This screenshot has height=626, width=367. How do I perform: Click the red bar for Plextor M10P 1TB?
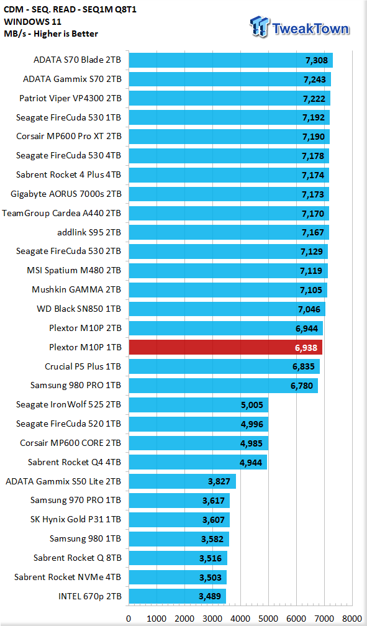[225, 347]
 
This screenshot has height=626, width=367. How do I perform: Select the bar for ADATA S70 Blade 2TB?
[231, 60]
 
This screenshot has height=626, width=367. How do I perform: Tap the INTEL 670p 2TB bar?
[178, 596]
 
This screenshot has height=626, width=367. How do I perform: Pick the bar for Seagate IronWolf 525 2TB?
[199, 405]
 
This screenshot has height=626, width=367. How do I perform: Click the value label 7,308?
[317, 61]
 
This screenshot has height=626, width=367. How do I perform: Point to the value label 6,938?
[306, 348]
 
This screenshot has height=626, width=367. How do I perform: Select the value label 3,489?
[210, 597]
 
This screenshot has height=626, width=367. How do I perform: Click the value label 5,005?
[252, 405]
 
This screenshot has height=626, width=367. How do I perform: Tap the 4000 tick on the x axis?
[240, 619]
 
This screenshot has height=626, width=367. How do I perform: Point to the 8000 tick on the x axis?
[352, 619]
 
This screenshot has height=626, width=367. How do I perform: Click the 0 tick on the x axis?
[129, 619]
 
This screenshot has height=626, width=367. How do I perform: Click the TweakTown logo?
[299, 27]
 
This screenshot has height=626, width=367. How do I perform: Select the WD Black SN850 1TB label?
[79, 309]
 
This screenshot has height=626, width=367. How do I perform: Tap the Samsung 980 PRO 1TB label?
[76, 385]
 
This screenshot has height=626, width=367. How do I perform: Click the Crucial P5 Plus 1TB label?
[83, 366]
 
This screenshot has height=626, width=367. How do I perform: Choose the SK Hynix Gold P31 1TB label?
[76, 519]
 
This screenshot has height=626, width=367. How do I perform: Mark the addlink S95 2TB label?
[89, 232]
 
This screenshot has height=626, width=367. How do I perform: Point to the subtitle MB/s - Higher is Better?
[51, 34]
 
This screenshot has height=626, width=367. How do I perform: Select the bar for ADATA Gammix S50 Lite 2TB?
[183, 481]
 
